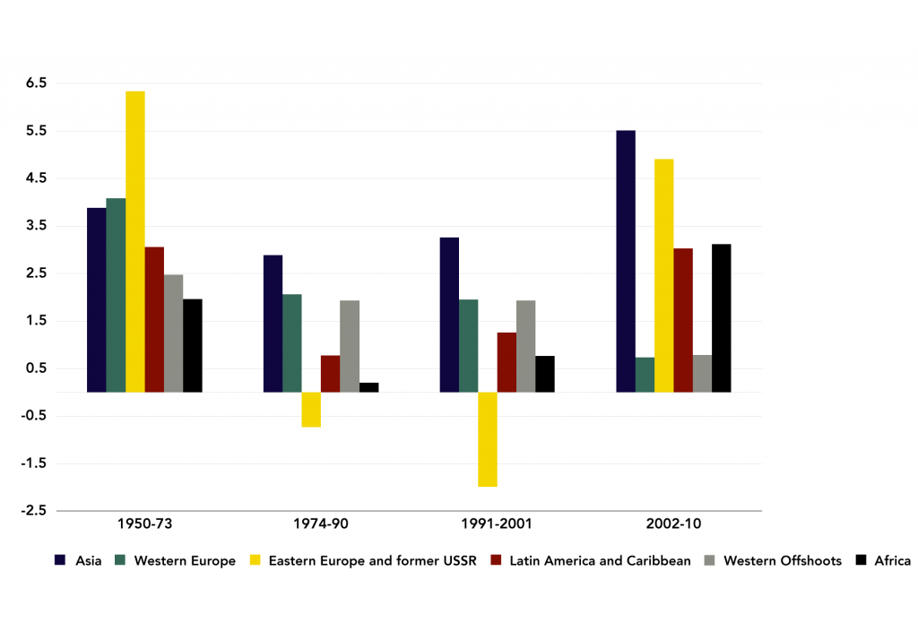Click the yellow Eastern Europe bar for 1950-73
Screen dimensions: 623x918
134,241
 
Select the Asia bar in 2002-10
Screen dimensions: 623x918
626,261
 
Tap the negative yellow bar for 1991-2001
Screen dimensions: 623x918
487,439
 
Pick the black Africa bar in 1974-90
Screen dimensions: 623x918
368,387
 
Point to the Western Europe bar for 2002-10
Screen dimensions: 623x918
645,375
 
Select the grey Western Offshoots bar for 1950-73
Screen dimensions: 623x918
173,333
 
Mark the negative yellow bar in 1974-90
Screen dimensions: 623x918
311,410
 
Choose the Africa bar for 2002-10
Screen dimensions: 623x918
722,317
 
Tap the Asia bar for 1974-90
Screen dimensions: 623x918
273,324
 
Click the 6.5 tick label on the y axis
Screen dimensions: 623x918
63,82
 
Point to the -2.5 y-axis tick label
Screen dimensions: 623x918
60,511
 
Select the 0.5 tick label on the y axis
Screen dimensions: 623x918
63,368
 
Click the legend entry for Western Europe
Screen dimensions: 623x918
184,561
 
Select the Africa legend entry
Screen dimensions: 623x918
892,561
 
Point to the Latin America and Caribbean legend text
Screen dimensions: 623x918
599,561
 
